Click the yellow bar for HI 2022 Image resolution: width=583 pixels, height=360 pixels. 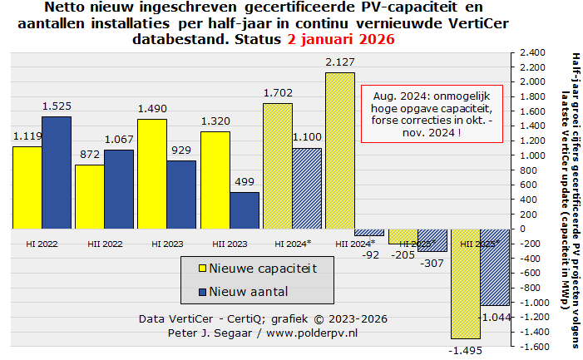[27, 187]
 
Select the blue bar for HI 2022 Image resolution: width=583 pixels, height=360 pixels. [57, 172]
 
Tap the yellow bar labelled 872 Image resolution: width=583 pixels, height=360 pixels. [90, 196]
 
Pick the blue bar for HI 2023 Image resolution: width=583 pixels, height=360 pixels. [182, 194]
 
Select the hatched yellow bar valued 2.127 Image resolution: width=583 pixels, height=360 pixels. [339, 150]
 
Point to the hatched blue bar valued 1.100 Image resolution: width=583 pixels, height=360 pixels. [307, 188]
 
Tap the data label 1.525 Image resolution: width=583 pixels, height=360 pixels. [57, 107]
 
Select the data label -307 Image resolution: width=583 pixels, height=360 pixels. [431, 262]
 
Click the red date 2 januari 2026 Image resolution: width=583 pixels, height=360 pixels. [341, 39]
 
